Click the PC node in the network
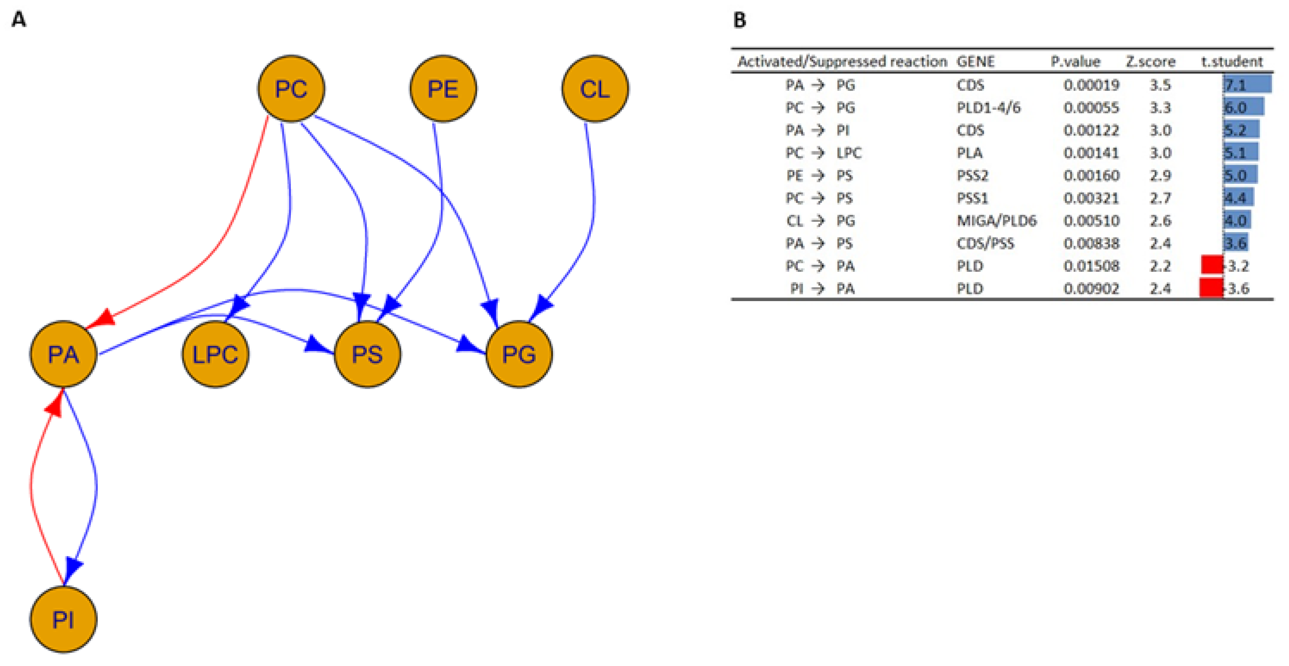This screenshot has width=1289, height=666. [x=291, y=89]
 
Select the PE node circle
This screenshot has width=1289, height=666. [x=443, y=89]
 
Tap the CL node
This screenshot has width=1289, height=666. [x=595, y=89]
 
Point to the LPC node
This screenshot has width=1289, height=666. [x=215, y=354]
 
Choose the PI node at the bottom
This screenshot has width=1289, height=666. [x=63, y=619]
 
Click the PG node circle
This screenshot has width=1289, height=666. [x=519, y=354]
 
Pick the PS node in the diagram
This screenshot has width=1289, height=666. [x=367, y=354]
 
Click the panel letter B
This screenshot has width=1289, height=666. [x=739, y=21]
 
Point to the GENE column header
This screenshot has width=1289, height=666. [x=975, y=62]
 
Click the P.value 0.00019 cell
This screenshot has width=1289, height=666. [x=1091, y=85]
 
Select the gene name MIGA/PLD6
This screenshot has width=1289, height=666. [x=996, y=221]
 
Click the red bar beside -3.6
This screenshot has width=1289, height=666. [x=1211, y=288]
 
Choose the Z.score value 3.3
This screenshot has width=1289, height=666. [x=1160, y=108]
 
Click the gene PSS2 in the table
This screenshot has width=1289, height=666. [x=972, y=176]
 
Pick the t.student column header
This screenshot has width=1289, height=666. [x=1231, y=62]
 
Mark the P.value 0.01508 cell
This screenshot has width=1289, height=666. [x=1091, y=266]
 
